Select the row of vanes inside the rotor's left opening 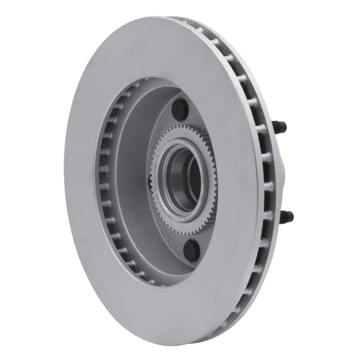(x=106, y=182)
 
